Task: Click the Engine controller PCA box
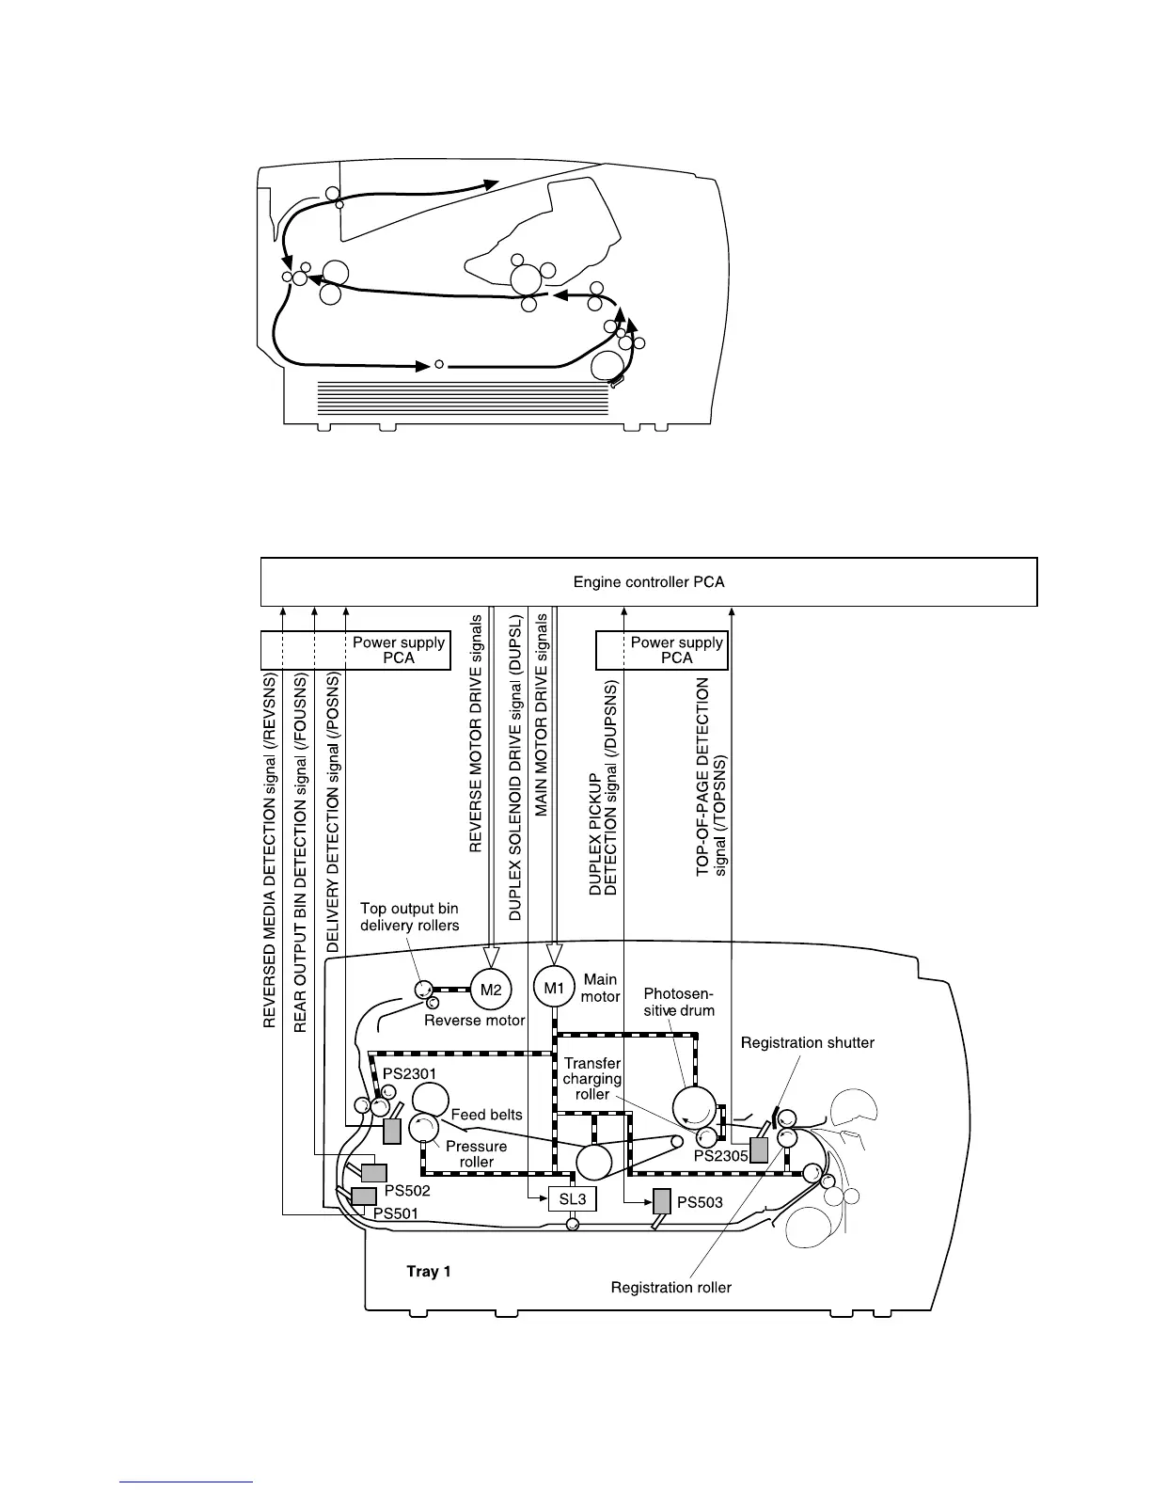click(x=649, y=581)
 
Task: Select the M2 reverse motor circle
click(x=490, y=989)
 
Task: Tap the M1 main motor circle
click(x=554, y=988)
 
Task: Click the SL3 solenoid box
click(x=573, y=1198)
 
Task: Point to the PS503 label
click(x=700, y=1202)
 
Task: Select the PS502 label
click(x=407, y=1191)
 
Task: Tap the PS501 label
click(x=395, y=1213)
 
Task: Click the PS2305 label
click(x=720, y=1156)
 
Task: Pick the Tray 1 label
click(x=429, y=1271)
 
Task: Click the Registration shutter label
click(x=808, y=1042)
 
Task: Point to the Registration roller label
click(x=670, y=1287)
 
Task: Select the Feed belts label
click(x=486, y=1115)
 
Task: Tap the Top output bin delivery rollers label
click(x=410, y=917)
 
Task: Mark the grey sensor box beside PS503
click(x=662, y=1202)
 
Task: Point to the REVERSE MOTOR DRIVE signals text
click(x=476, y=734)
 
